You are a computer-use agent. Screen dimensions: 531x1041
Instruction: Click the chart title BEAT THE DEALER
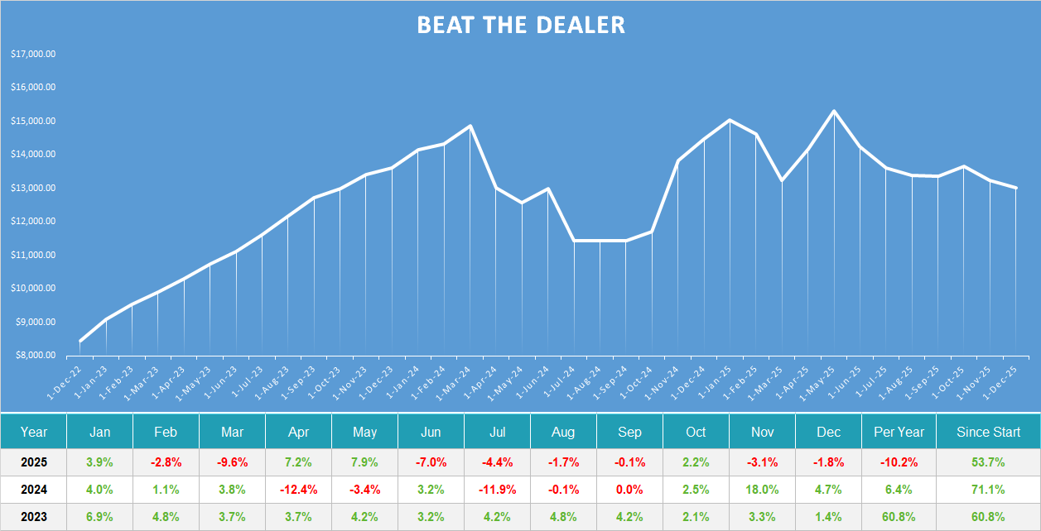(x=520, y=25)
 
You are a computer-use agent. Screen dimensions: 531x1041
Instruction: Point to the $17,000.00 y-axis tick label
(x=33, y=54)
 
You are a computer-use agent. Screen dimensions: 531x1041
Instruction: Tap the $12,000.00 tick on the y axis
(x=33, y=222)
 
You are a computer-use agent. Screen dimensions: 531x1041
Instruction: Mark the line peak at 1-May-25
(x=834, y=111)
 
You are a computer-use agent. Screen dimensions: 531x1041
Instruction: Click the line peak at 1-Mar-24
(x=470, y=127)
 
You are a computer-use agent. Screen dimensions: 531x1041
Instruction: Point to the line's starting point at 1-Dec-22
(x=80, y=341)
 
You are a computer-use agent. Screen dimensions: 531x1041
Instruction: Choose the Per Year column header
(x=899, y=432)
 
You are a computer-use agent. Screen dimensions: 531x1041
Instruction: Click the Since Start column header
(x=988, y=432)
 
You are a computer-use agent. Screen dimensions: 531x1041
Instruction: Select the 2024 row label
(x=34, y=489)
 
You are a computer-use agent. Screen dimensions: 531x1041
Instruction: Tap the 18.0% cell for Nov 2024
(x=762, y=489)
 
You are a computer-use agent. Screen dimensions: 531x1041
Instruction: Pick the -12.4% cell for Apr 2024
(x=298, y=489)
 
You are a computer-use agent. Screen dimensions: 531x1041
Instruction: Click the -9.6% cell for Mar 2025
(x=232, y=462)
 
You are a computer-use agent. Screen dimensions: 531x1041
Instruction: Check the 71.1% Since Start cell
(x=988, y=489)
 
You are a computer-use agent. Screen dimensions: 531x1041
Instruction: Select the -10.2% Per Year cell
(x=899, y=462)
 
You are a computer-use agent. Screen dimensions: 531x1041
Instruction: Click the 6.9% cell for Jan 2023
(x=99, y=517)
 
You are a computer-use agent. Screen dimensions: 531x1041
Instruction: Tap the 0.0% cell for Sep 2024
(x=629, y=489)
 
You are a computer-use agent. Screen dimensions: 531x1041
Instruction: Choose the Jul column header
(x=497, y=432)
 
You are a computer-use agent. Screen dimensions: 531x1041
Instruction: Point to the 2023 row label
(x=34, y=517)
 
